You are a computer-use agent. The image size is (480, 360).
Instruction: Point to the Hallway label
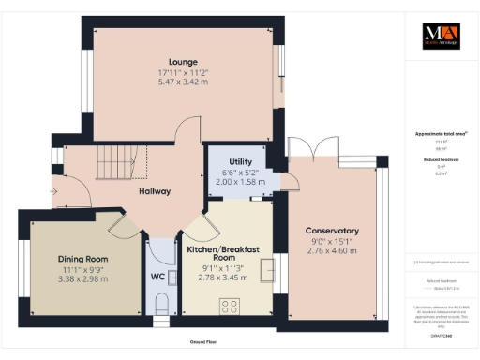pyautogui.click(x=154, y=191)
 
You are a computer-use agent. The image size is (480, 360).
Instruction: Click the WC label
pyautogui.click(x=157, y=277)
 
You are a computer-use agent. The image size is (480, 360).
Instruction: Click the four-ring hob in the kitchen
pyautogui.click(x=229, y=305)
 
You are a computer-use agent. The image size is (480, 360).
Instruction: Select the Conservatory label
pyautogui.click(x=332, y=231)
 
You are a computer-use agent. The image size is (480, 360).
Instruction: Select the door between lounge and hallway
pyautogui.click(x=187, y=134)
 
